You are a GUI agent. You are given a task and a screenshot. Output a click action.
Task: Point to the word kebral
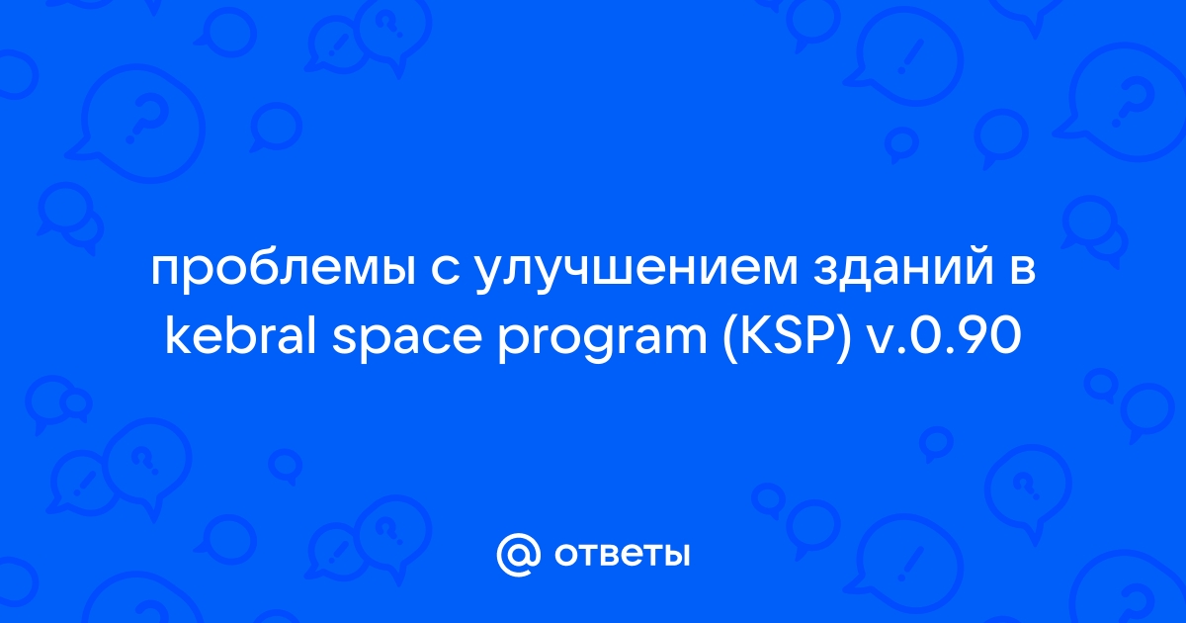click(241, 334)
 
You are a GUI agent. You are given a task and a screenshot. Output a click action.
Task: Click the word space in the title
click(406, 339)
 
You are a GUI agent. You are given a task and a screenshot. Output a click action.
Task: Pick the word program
click(603, 339)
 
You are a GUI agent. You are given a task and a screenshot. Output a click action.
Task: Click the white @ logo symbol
click(519, 555)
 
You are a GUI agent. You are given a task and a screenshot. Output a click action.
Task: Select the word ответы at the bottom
click(623, 555)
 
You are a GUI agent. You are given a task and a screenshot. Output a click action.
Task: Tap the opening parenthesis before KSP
click(731, 337)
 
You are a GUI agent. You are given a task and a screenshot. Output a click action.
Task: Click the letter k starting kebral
click(179, 334)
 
